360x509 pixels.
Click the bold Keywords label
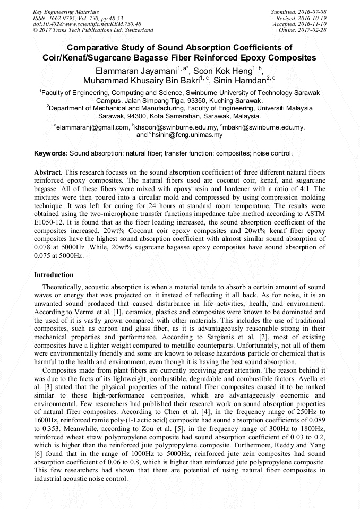coord(51,153)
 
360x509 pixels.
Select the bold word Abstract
coord(47,173)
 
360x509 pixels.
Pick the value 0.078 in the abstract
coord(44,248)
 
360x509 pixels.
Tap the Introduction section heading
coord(54,275)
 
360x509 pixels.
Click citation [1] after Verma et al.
coord(102,312)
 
